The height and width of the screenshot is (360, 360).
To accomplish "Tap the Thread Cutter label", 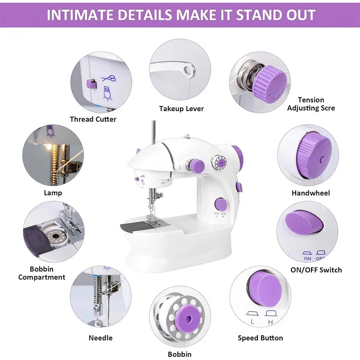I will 93,119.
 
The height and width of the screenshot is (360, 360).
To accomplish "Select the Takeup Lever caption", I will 181,108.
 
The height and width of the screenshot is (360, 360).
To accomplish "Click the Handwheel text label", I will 310,193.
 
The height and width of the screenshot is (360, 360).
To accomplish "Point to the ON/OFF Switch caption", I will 316,270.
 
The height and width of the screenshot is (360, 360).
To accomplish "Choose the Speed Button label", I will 261,337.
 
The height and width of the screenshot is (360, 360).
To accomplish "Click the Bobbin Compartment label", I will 42,273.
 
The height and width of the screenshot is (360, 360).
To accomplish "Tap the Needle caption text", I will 101,337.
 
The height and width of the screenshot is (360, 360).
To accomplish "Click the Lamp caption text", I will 53,193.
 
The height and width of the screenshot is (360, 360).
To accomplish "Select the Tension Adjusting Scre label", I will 311,104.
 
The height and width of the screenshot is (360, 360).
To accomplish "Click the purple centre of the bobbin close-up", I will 185,317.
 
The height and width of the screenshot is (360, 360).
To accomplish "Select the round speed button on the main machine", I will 220,203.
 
